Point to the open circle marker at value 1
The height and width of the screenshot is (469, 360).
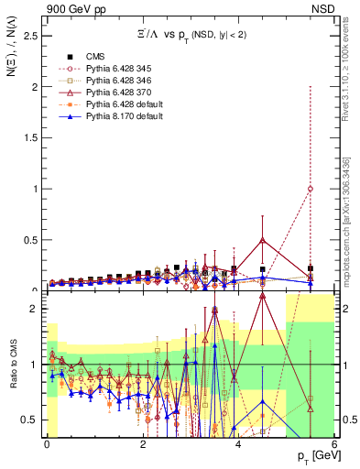coord(311,190)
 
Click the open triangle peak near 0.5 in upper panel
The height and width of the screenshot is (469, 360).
coord(263,240)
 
